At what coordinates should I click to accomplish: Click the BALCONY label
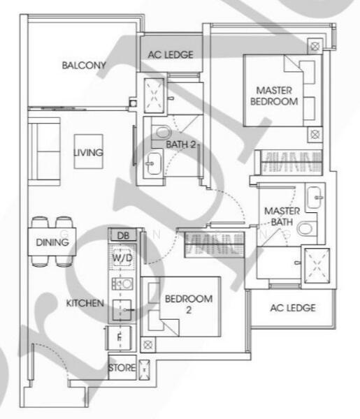coord(83,66)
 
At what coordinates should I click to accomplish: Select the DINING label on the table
coord(52,242)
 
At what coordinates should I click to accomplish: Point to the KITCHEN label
coord(85,304)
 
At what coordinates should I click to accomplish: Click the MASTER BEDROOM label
coord(273,96)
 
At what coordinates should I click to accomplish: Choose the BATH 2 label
coord(182,145)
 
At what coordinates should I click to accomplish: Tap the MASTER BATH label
coord(282,216)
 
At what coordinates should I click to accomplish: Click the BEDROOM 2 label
coord(188,304)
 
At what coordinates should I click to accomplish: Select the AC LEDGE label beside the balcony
coord(170,54)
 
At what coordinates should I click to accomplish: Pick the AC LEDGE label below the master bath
coord(292,307)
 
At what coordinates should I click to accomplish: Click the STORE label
coord(122,367)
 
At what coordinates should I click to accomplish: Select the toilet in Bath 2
coord(163,131)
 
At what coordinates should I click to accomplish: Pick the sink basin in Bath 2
coord(153,166)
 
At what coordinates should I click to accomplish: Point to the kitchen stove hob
coord(123,283)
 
